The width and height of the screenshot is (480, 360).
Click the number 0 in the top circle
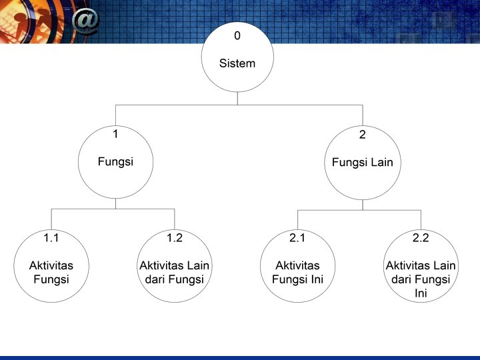[x=237, y=35]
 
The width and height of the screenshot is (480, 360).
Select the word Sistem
[x=237, y=64]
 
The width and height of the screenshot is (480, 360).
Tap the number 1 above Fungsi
[x=115, y=134]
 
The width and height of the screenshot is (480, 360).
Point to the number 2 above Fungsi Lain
[x=362, y=135]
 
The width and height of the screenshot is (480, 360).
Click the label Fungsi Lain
[x=362, y=162]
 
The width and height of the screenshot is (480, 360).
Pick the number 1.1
[x=51, y=237]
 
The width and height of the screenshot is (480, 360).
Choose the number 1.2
[x=174, y=237]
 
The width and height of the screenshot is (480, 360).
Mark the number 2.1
[x=297, y=237]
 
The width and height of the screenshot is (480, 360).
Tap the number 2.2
[x=421, y=237]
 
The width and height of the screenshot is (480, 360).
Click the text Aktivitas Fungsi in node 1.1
[x=51, y=272]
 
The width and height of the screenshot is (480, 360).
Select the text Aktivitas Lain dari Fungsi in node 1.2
[x=174, y=272]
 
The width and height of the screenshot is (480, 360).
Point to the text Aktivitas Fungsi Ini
[x=297, y=272]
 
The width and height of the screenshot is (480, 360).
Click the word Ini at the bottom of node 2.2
[x=421, y=293]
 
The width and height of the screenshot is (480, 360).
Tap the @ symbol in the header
[x=85, y=21]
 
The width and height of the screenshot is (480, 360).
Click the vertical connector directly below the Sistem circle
[x=237, y=99]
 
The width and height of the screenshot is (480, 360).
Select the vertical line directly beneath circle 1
[x=115, y=203]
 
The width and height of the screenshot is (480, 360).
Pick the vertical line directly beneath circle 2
[x=362, y=205]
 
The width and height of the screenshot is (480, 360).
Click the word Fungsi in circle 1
[x=115, y=161]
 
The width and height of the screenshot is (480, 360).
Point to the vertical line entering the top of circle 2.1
[x=297, y=218]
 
